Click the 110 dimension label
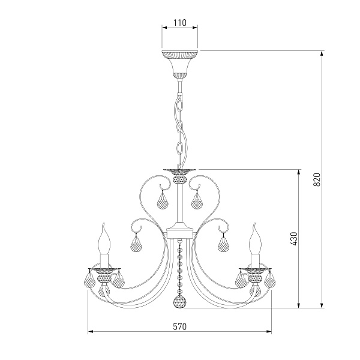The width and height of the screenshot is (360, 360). coord(180,23)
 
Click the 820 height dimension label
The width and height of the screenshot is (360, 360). coord(317,180)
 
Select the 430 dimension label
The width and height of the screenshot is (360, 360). coord(293,239)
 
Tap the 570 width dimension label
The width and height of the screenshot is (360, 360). coord(180,327)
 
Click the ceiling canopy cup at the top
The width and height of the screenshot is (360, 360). coord(180,64)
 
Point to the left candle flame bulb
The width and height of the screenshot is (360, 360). coord(104,239)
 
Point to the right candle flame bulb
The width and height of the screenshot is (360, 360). coord(256,239)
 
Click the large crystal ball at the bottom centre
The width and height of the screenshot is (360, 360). coord(180,301)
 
